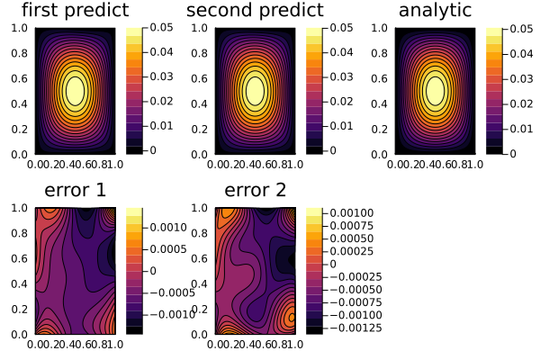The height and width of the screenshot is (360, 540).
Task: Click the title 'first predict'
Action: point(75,11)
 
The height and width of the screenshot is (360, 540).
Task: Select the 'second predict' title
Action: point(255,11)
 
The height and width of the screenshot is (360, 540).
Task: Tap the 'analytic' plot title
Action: point(435,11)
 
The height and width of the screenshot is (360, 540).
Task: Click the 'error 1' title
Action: point(75,190)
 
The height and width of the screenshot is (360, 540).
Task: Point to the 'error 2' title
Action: point(255,190)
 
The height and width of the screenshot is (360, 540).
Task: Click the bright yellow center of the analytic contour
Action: point(435,90)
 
